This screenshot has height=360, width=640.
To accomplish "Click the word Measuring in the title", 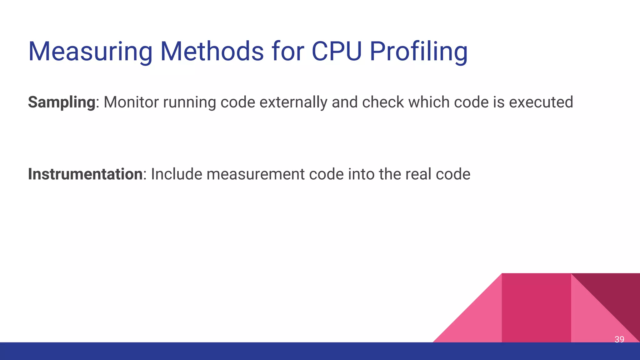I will point(90,52).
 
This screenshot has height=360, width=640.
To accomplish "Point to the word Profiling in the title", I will point(418,52).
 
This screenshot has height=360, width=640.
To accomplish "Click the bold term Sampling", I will point(62,102).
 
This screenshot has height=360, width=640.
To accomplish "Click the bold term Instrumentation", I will point(85,174).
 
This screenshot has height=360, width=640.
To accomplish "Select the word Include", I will point(177,174).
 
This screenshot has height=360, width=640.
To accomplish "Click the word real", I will point(418,174).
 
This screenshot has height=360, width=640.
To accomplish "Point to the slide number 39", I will point(619,339).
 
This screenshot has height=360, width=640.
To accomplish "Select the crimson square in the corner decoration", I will point(536,308).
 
